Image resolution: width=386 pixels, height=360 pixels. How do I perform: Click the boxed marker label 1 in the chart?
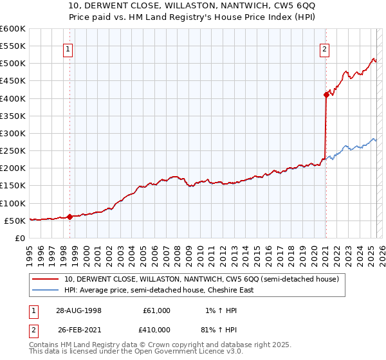pyautogui.click(x=68, y=49)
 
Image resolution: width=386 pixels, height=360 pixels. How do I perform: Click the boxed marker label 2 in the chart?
pyautogui.click(x=325, y=49)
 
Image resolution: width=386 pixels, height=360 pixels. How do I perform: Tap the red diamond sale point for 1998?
pyautogui.click(x=69, y=217)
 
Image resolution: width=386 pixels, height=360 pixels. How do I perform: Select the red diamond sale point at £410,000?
pyautogui.click(x=326, y=95)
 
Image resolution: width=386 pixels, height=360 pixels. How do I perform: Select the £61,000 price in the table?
pyautogui.click(x=156, y=310)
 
